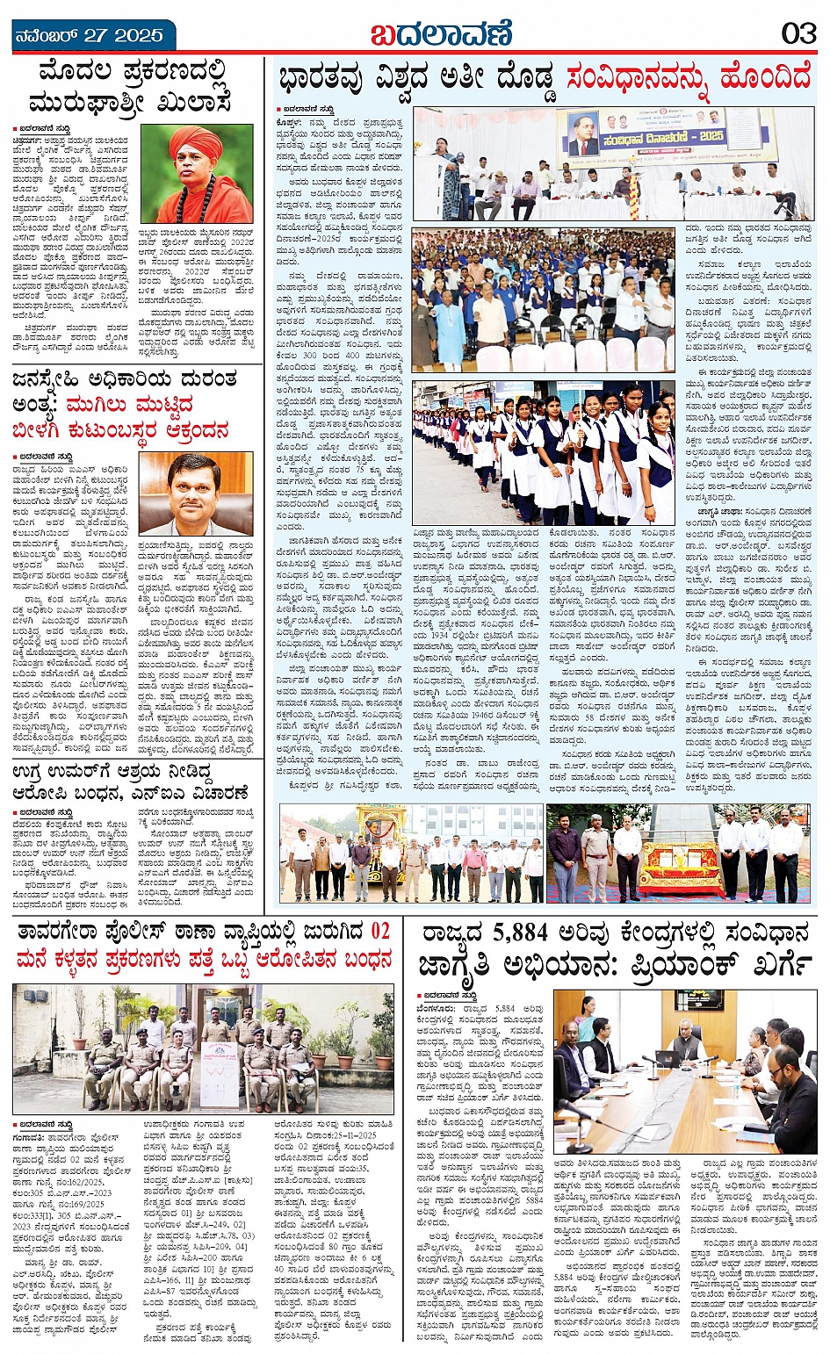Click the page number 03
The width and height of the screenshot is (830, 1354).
[x=799, y=33]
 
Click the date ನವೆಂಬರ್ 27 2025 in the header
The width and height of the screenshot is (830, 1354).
[x=89, y=36]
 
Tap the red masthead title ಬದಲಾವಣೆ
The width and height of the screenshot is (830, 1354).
[x=440, y=34]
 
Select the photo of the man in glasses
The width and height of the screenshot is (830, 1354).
[x=196, y=493]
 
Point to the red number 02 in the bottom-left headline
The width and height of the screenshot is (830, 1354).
[x=379, y=931]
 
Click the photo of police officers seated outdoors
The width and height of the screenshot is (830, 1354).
[x=203, y=1048]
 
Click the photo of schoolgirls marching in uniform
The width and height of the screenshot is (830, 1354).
[x=544, y=453]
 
